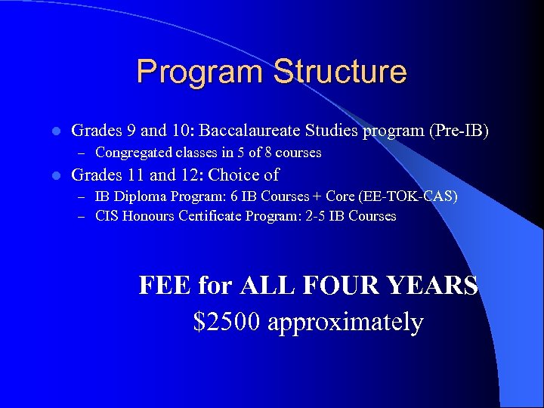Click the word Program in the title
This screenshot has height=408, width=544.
point(200,73)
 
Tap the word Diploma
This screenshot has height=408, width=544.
point(139,196)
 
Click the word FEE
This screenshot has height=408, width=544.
point(165,286)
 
